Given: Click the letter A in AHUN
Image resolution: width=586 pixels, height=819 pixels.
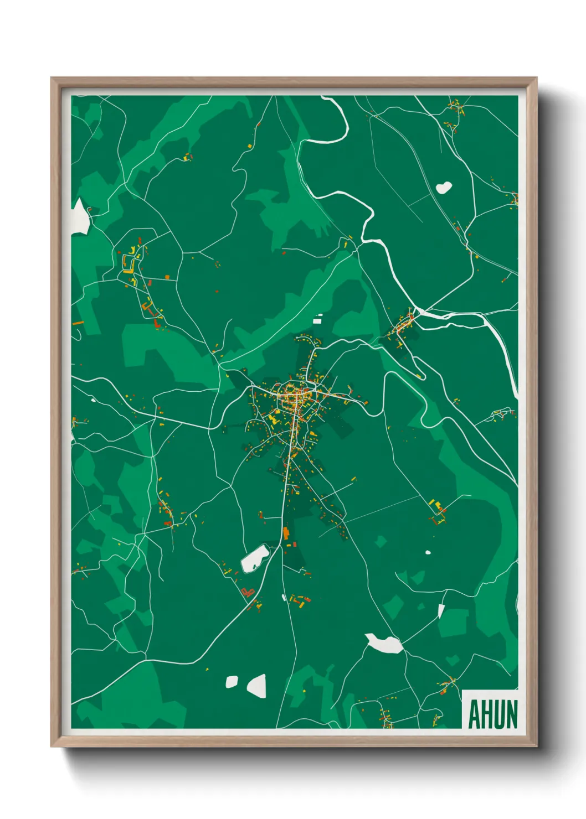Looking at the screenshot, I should point(474,715).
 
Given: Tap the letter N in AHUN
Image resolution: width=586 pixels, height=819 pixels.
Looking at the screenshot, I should point(511,715).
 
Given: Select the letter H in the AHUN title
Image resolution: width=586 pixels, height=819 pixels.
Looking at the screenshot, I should point(486,715).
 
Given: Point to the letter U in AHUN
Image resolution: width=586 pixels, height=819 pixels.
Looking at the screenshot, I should point(498,715).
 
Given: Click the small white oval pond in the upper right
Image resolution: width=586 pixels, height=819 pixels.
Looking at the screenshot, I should point(444,188).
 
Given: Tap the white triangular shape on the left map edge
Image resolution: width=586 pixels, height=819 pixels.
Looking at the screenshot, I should point(80,217).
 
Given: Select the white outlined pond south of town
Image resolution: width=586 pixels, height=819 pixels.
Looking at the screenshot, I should point(255,558).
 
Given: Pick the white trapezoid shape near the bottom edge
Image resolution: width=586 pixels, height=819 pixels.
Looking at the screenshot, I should point(257,686).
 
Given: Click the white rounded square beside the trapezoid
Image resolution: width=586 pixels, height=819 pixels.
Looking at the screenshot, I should point(232,682).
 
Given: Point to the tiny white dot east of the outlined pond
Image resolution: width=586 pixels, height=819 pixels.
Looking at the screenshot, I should point(428,552).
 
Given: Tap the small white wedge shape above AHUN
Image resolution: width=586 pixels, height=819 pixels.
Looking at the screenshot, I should point(441,611).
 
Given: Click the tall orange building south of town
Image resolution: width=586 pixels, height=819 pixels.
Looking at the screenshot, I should point(286,533).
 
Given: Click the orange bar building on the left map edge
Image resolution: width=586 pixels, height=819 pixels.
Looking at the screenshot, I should point(78,322).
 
